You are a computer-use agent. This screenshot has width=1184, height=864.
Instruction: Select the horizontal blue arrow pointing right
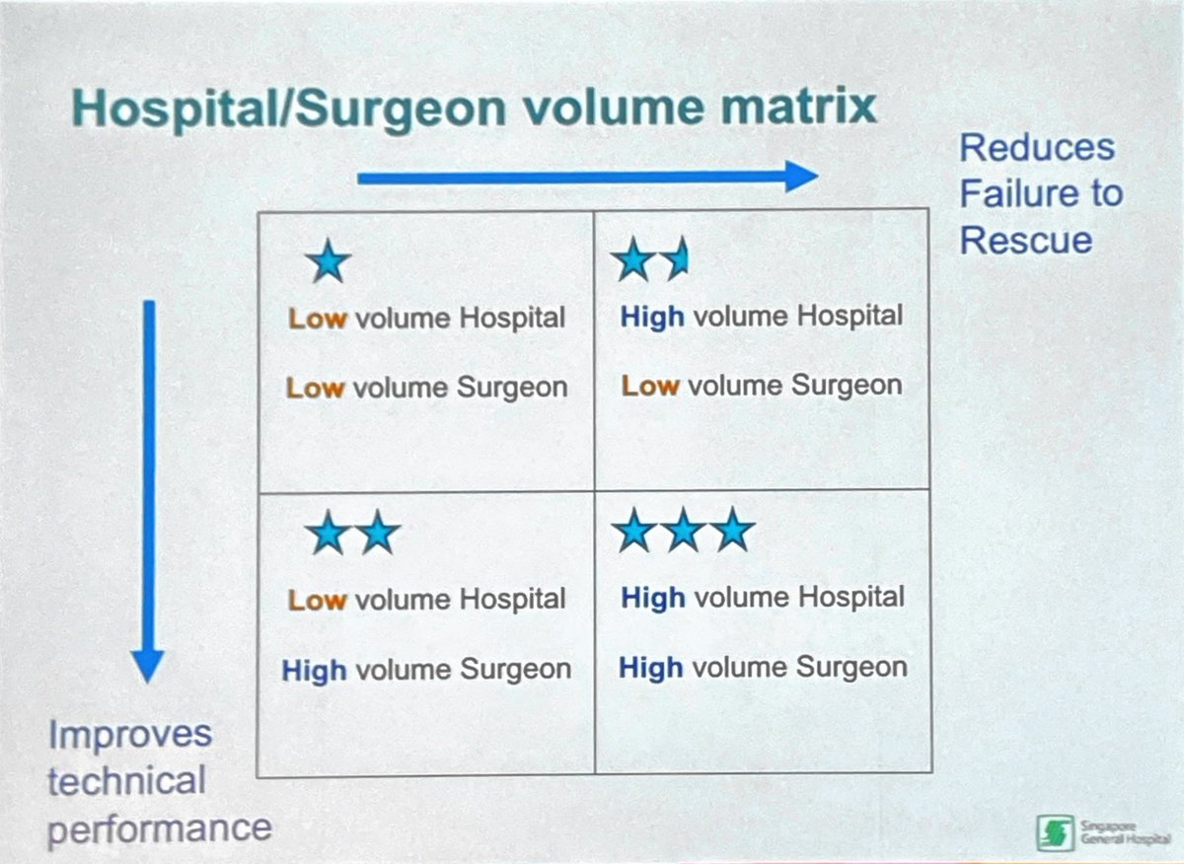coord(587,178)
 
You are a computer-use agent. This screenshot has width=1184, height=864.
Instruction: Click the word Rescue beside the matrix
coord(1026,239)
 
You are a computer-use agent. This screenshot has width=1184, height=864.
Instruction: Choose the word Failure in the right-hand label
coord(1007,192)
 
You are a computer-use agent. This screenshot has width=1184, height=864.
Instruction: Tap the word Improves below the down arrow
coord(130,734)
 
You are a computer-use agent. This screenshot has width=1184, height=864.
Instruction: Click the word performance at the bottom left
coord(159,827)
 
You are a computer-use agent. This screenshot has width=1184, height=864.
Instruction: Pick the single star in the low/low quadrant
coord(328,263)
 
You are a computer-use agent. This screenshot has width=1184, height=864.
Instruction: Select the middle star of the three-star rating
coord(683,533)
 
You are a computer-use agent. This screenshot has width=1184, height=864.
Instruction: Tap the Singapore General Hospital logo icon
coord(1053,831)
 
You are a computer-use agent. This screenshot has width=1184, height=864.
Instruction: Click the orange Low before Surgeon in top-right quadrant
coord(650,386)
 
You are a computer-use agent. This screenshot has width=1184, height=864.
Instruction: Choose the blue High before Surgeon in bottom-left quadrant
coord(315,671)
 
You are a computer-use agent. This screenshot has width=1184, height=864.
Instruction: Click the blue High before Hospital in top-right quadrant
coord(651,318)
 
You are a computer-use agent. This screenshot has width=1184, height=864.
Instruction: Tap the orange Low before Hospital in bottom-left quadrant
coord(317,601)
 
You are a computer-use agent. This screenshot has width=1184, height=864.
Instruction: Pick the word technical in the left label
coord(126,781)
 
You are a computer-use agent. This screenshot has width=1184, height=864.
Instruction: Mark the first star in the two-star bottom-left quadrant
coord(328,535)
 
